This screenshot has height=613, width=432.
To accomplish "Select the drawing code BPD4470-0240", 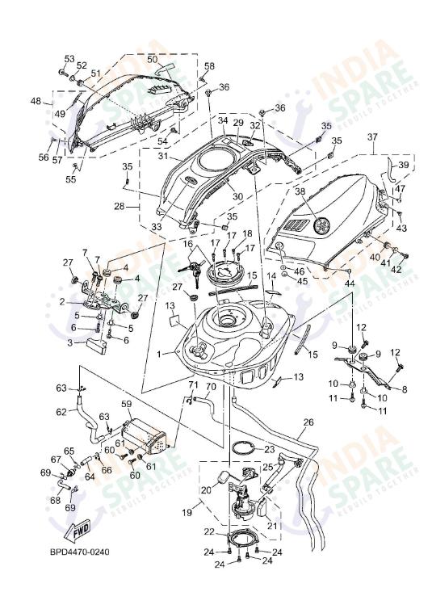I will tap(77, 552).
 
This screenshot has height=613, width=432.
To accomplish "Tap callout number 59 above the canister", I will tap(126, 403).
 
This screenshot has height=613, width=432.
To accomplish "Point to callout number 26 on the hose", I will tap(308, 422).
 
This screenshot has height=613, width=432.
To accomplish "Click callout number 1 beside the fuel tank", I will tap(159, 353).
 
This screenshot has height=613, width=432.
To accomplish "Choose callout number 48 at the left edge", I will tap(36, 101).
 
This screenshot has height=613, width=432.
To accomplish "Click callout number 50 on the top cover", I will tap(152, 59).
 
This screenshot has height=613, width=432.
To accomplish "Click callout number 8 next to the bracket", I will tap(404, 389).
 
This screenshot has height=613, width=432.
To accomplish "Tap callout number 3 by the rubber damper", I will tap(70, 342).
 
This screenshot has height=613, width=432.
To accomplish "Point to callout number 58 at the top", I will tap(209, 66).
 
